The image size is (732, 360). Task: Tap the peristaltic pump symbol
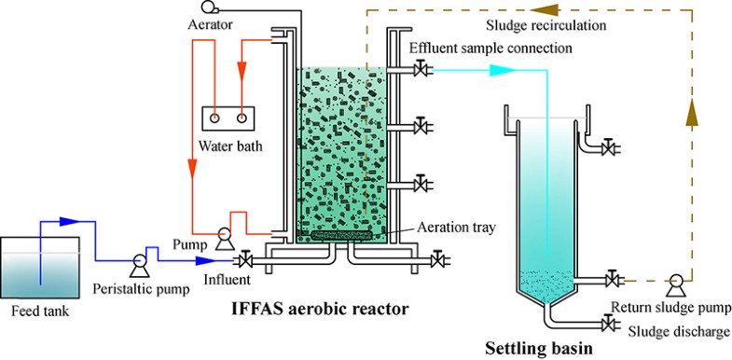pyautogui.click(x=139, y=262)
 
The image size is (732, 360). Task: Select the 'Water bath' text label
pyautogui.click(x=229, y=145)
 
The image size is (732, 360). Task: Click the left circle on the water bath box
pyautogui.click(x=215, y=118)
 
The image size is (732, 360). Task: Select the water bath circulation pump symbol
pyautogui.click(x=224, y=239)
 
